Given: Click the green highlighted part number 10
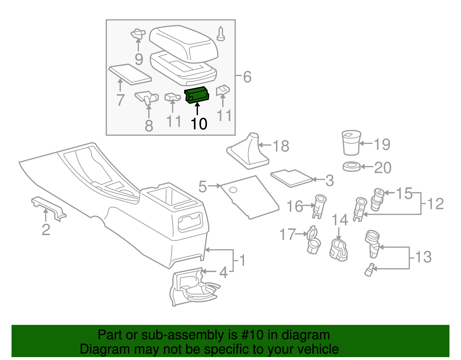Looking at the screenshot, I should coord(197,95).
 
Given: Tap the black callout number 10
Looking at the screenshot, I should coord(199,124).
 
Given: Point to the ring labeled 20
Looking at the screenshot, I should coord(352,167).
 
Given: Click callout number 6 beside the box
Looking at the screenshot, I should coord(247,77).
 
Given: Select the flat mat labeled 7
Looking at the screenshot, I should coord(130,74).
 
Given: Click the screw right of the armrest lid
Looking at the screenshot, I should coord(221,34).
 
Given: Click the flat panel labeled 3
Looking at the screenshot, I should coord(291,178).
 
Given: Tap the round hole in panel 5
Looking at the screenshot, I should coord(233,190).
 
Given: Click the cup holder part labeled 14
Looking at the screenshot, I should coord(339,250).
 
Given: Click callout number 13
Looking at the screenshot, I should coord(423,257).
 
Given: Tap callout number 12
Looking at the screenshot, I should coord(435,204).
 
